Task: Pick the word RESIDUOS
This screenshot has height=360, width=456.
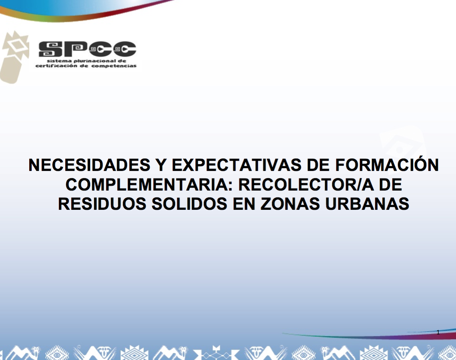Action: (102, 204)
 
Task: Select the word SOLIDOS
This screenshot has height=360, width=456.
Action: (189, 204)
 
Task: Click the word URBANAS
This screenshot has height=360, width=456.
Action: (367, 204)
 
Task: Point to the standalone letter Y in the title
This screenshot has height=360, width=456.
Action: (161, 165)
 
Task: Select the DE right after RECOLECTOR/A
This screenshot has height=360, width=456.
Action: (390, 185)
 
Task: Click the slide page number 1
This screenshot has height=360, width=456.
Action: (438, 332)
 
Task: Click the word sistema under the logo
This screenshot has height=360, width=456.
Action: (59, 61)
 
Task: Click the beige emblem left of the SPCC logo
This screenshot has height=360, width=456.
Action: (14, 57)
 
